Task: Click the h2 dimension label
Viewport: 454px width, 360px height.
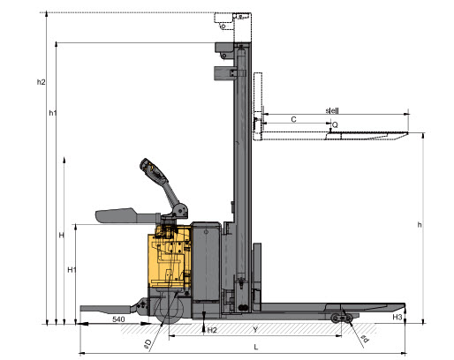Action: [42, 82]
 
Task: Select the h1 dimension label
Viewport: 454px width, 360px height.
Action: [53, 113]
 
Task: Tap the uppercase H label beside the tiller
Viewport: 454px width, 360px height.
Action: [61, 236]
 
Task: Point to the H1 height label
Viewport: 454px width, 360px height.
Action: [73, 268]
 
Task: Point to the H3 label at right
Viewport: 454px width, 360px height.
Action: [398, 316]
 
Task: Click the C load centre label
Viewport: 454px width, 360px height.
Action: [293, 117]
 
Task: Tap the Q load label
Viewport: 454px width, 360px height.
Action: [335, 125]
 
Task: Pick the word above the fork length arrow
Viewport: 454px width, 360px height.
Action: [332, 110]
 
